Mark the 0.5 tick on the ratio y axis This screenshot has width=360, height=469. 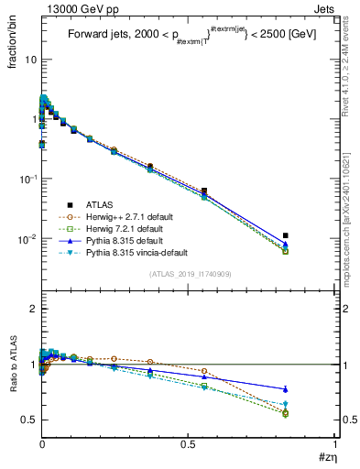[27, 420]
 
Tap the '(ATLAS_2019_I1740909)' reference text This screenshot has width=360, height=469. [184, 274]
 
